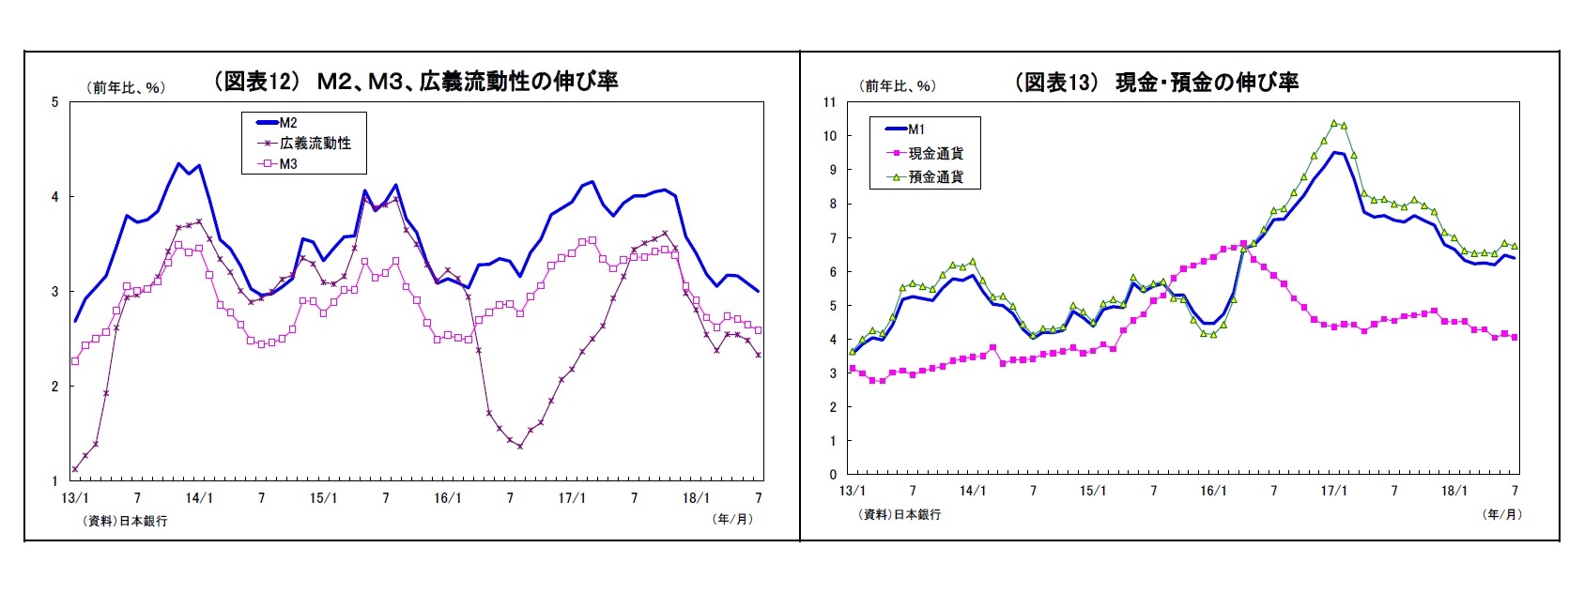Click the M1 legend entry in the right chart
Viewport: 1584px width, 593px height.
pos(915,129)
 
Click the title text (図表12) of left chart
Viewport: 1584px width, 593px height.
pos(416,82)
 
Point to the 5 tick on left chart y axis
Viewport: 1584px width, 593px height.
pos(54,102)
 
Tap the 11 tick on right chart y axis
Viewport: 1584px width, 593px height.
pos(829,102)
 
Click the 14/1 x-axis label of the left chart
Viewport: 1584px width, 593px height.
pos(199,498)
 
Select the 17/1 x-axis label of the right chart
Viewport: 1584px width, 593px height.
pos(1334,491)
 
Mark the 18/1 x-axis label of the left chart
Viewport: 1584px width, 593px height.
pos(696,498)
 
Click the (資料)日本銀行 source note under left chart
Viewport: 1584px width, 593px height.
pos(126,521)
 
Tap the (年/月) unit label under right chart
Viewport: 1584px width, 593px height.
pos(1501,514)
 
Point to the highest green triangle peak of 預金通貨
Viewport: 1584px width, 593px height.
pos(1334,123)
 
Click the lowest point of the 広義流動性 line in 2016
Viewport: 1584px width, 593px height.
pos(519,447)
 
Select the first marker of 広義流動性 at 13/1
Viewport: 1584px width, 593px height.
pos(75,469)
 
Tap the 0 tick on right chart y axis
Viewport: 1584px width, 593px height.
pos(832,475)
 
